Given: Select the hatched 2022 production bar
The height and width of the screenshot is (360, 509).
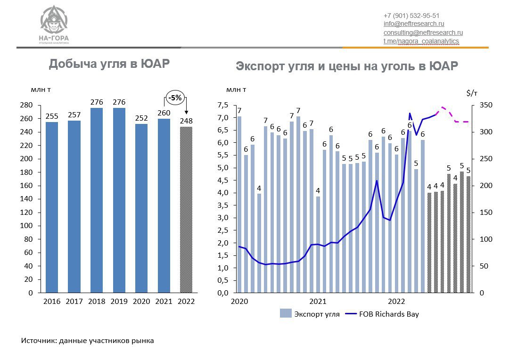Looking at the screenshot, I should [186, 210].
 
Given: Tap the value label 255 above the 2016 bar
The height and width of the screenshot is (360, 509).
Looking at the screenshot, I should [52, 116].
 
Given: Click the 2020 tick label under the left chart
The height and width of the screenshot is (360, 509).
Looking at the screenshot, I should [141, 302].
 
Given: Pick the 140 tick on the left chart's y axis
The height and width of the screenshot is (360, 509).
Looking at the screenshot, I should [26, 199].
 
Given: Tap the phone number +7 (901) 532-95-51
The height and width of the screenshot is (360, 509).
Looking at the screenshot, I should [411, 16].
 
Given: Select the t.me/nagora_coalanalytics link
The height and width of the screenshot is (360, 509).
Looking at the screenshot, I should [421, 41].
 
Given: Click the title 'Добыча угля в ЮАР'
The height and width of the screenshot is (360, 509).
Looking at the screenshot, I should [109, 64].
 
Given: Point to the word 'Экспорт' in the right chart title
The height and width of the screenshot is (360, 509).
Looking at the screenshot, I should [260, 66].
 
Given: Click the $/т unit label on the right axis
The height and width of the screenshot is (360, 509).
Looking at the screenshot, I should [472, 93].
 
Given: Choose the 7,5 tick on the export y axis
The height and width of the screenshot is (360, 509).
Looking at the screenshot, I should [222, 105].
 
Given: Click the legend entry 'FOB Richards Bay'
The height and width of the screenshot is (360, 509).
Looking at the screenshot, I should [389, 314].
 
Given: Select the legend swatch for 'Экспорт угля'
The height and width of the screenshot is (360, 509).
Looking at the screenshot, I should [286, 314].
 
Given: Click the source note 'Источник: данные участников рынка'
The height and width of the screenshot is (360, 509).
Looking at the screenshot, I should [88, 340].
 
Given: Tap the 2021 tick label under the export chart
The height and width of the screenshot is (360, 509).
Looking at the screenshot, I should [318, 302].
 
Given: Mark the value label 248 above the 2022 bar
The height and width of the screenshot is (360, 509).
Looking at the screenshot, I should [186, 121].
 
